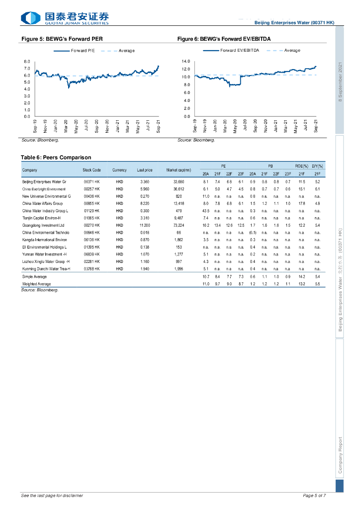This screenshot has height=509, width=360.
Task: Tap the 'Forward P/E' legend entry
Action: [82, 51]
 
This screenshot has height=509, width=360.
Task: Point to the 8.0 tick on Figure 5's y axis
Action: [27, 61]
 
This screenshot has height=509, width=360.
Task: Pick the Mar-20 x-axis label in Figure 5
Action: [66, 126]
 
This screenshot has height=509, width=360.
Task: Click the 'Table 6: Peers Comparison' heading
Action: [56, 157]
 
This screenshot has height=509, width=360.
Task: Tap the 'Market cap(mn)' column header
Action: [179, 170]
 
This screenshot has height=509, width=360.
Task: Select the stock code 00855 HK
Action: [92, 204]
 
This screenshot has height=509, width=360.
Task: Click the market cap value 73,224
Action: [179, 225]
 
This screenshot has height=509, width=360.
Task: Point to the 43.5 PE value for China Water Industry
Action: [205, 211]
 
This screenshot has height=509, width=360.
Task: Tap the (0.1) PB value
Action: [252, 232]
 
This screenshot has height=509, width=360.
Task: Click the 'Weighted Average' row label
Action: [36, 283]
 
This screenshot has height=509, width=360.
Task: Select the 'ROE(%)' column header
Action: [301, 166]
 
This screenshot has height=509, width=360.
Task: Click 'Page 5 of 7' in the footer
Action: [314, 496]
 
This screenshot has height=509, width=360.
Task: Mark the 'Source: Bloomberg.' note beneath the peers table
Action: [40, 290]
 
